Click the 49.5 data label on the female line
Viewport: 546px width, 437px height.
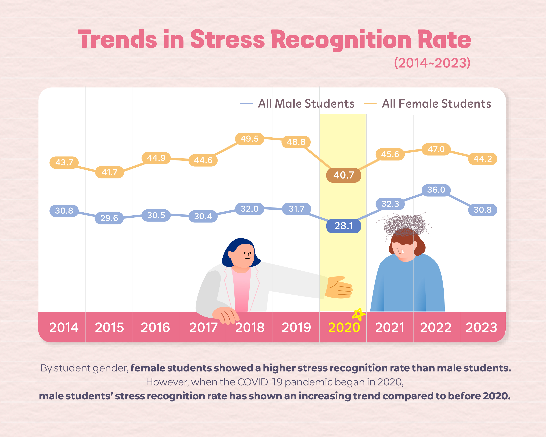[250, 139]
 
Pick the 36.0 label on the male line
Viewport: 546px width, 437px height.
[436, 190]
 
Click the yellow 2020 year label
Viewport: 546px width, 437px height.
[344, 328]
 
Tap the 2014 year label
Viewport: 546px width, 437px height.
[64, 328]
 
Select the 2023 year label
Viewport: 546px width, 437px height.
[481, 328]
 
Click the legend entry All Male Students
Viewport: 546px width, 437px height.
[306, 104]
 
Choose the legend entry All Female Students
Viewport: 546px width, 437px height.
[436, 104]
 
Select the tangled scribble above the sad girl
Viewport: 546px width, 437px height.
[405, 223]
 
